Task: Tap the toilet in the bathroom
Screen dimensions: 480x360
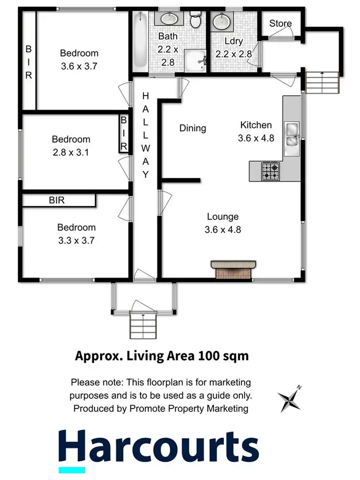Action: (x=195, y=21)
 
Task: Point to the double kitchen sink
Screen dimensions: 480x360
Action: (x=292, y=134)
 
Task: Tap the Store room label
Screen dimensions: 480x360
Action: (x=280, y=24)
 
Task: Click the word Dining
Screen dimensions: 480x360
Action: (x=192, y=128)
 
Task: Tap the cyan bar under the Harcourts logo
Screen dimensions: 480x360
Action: (x=72, y=469)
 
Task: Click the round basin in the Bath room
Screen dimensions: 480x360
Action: (x=169, y=19)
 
